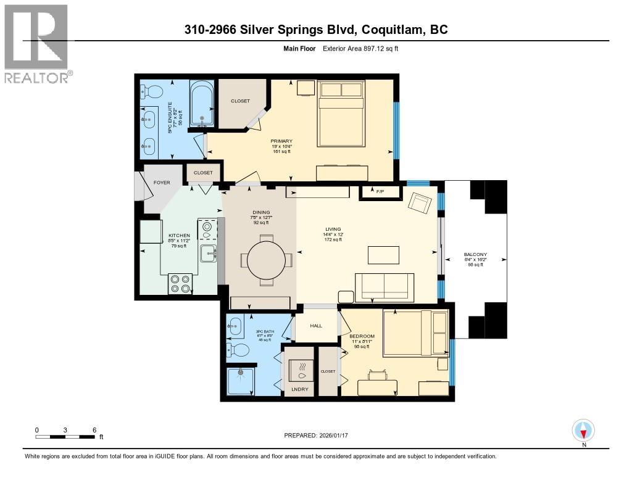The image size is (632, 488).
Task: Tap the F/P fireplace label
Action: coord(380,192)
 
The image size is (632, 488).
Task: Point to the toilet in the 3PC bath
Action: coord(239,350)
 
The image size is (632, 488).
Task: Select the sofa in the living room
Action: coord(385,285)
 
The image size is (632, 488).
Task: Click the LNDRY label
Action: coord(299,390)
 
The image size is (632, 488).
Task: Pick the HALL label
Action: coord(316,326)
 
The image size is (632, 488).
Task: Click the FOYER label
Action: coord(162,183)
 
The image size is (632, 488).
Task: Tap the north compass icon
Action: coord(583,431)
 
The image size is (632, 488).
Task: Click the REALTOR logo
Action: coord(37,43)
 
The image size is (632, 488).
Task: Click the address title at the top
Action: coord(315,29)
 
